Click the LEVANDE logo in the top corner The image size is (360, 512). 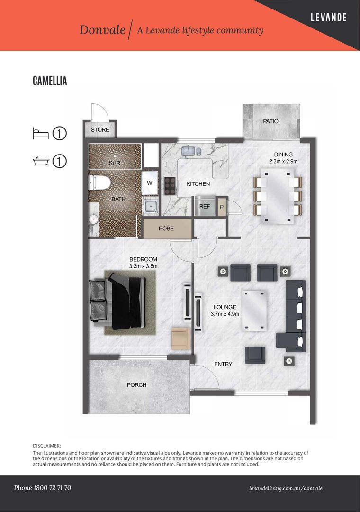328,18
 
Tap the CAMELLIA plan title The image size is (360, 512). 50,81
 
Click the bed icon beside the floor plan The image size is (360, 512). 41,134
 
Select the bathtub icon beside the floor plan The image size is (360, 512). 41,161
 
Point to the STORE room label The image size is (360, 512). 100,129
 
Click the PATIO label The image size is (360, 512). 270,121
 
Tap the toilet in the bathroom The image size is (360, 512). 99,183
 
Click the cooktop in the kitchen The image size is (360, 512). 170,186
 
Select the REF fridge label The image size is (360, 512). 205,206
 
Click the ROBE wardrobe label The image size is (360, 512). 166,229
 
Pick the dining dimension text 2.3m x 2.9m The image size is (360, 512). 283,161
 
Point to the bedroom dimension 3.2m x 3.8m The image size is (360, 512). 143,266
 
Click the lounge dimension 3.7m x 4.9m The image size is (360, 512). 225,314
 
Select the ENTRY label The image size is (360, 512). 223,364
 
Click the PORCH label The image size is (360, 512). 136,385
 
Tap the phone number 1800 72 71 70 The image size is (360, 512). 52,488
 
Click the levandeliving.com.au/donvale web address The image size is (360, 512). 286,488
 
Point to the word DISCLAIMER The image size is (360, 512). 47,446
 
